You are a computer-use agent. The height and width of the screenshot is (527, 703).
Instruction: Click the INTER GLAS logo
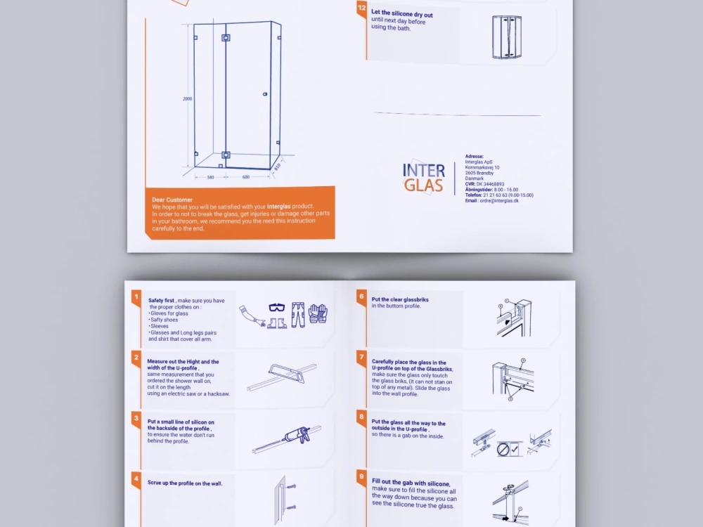[x=424, y=178]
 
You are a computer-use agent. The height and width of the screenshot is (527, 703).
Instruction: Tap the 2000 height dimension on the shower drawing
[x=188, y=99]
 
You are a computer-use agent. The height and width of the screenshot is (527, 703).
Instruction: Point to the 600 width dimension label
[x=246, y=177]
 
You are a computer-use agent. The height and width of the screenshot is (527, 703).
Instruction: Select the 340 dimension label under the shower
[x=210, y=177]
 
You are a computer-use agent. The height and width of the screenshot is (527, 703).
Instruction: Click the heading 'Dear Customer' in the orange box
[x=172, y=200]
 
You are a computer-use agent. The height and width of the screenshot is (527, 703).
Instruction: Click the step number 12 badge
[x=361, y=8]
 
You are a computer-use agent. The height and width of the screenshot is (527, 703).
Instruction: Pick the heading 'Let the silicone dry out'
[x=402, y=14]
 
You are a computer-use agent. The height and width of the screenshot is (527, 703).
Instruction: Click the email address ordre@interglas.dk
[x=500, y=200]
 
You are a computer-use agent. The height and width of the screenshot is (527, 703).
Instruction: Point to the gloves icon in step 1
[x=318, y=313]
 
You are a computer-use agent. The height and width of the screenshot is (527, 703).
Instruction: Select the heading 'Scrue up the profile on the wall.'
[x=185, y=483]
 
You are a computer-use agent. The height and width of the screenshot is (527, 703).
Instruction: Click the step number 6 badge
[x=361, y=296]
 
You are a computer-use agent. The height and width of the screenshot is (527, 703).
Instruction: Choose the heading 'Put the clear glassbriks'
[x=400, y=299]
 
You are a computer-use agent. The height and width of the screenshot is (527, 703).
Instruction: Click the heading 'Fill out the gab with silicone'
[x=411, y=483]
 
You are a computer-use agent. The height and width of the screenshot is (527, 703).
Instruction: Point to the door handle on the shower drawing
[x=264, y=94]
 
